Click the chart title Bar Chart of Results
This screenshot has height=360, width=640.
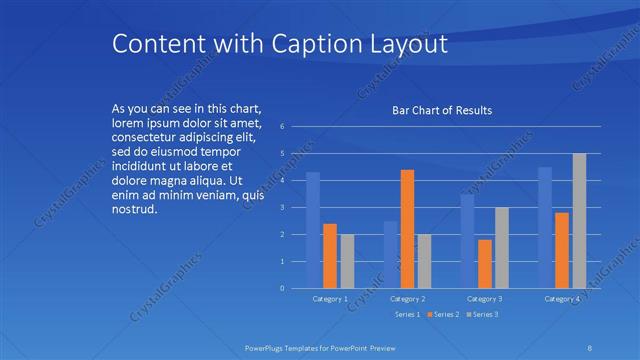tap(441, 110)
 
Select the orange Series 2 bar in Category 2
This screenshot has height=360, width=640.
tap(407, 229)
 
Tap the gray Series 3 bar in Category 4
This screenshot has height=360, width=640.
tap(579, 221)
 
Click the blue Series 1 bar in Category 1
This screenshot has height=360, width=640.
tap(313, 230)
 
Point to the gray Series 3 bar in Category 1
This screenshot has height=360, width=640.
tap(347, 261)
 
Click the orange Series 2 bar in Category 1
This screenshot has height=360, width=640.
tap(330, 256)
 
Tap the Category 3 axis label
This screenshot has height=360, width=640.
tap(484, 299)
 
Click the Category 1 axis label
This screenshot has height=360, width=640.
tap(330, 299)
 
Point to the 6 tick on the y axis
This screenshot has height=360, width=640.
tap(283, 127)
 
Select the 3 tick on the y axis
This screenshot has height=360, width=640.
tap(283, 208)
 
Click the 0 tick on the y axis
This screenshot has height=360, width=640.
tap(283, 289)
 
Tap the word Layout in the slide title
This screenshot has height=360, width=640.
tap(408, 45)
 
